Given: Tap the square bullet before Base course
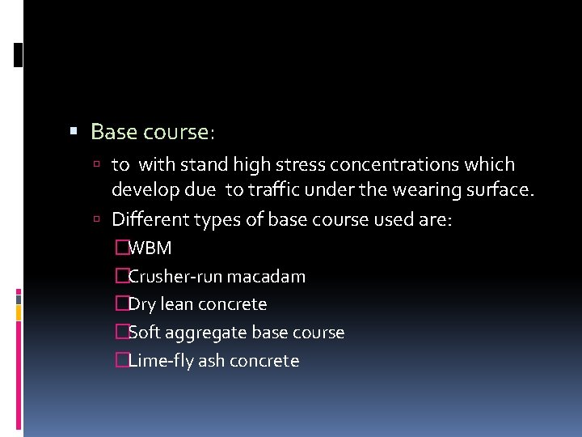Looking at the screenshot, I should click(74, 129).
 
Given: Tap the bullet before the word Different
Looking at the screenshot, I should click(96, 219).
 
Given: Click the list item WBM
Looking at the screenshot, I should click(150, 248).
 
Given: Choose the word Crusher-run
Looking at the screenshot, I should click(175, 277).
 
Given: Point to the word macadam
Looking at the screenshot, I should click(266, 277).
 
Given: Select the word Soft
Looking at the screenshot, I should click(144, 333).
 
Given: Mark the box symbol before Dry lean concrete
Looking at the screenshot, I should click(122, 304).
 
